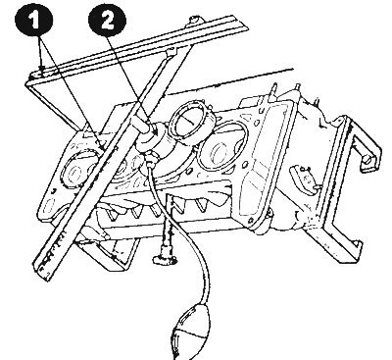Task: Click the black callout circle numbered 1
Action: point(33,20)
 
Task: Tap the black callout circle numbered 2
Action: point(107,20)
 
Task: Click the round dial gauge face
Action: point(190,120)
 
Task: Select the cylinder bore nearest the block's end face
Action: point(223,147)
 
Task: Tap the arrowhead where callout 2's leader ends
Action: point(155,131)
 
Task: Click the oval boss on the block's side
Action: point(305,179)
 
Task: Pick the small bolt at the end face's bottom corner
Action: point(269,214)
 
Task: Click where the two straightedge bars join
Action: point(171,51)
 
